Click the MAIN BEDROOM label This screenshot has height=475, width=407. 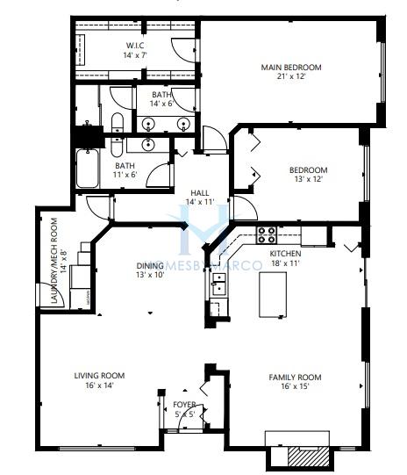pyautogui.click(x=291, y=67)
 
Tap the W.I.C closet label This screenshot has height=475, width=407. pyautogui.click(x=135, y=46)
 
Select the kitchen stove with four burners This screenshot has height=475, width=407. pyautogui.click(x=267, y=235)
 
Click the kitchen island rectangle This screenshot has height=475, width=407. pyautogui.click(x=273, y=294)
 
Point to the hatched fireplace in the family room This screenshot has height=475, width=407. pyautogui.click(x=308, y=457)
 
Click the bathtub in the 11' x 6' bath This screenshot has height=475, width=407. pyautogui.click(x=87, y=169)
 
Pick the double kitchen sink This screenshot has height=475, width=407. pyautogui.click(x=218, y=284)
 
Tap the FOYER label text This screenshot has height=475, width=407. pyautogui.click(x=184, y=405)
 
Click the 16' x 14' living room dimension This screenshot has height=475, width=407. pyautogui.click(x=99, y=385)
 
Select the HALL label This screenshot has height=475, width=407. pyautogui.click(x=200, y=193)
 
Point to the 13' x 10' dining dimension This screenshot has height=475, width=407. pyautogui.click(x=150, y=275)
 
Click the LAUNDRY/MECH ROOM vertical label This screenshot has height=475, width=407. pyautogui.click(x=54, y=261)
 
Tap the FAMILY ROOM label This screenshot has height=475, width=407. pyautogui.click(x=295, y=378)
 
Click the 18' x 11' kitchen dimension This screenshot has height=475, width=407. pyautogui.click(x=285, y=263)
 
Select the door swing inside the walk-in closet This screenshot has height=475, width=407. pyautogui.click(x=183, y=51)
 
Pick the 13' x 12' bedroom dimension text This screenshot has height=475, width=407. pyautogui.click(x=309, y=179)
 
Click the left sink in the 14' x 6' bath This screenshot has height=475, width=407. pyautogui.click(x=148, y=124)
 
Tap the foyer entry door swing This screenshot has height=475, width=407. pyautogui.click(x=189, y=418)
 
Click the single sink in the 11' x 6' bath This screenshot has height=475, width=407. pyautogui.click(x=148, y=144)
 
